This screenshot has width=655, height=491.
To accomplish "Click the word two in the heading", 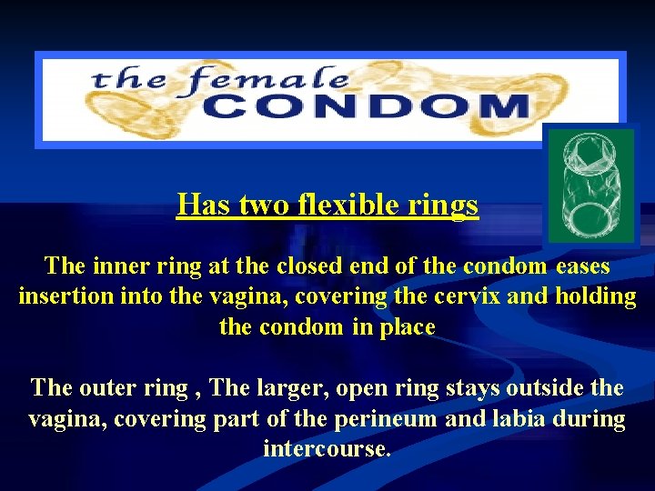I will [266, 205].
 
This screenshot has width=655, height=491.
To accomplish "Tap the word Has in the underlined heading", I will [204, 205].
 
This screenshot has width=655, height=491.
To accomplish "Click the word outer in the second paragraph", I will [110, 388].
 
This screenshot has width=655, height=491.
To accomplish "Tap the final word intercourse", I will [327, 448].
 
